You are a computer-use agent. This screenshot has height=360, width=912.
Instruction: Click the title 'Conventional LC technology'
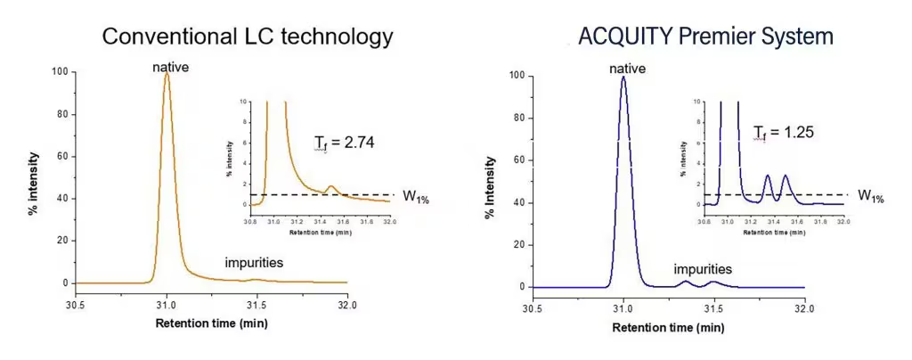[x=247, y=37]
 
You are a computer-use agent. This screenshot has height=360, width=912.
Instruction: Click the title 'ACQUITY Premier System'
[x=704, y=37]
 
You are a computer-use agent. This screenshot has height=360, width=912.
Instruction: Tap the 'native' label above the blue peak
[x=626, y=70]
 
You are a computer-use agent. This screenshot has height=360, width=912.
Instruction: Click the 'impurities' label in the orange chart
[x=253, y=263]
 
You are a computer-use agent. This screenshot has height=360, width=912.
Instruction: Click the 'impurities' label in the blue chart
[x=703, y=268]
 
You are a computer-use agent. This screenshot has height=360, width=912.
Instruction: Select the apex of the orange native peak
[x=167, y=75]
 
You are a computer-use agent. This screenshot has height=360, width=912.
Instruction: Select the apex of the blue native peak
[x=623, y=78]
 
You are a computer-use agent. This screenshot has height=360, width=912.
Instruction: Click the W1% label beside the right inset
[x=870, y=195]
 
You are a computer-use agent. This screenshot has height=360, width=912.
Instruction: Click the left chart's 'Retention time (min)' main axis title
[x=211, y=323]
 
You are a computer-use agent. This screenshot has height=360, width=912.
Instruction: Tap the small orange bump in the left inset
[x=330, y=186]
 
